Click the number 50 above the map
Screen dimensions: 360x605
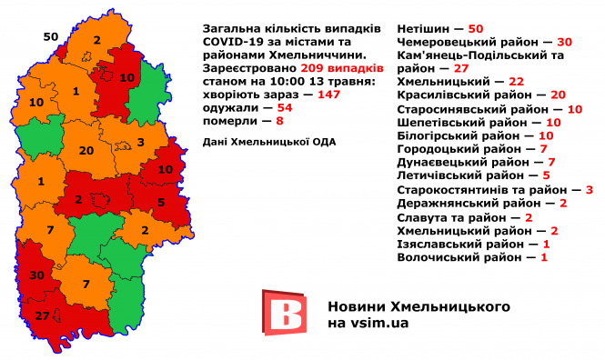click(51, 36)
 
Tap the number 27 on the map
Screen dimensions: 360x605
click(42, 315)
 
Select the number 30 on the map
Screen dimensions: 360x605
click(36, 275)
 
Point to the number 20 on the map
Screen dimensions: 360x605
click(87, 150)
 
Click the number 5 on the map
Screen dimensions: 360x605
click(160, 203)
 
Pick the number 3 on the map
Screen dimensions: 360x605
click(141, 142)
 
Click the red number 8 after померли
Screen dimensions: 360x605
click(280, 120)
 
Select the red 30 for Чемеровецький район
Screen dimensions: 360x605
click(564, 42)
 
